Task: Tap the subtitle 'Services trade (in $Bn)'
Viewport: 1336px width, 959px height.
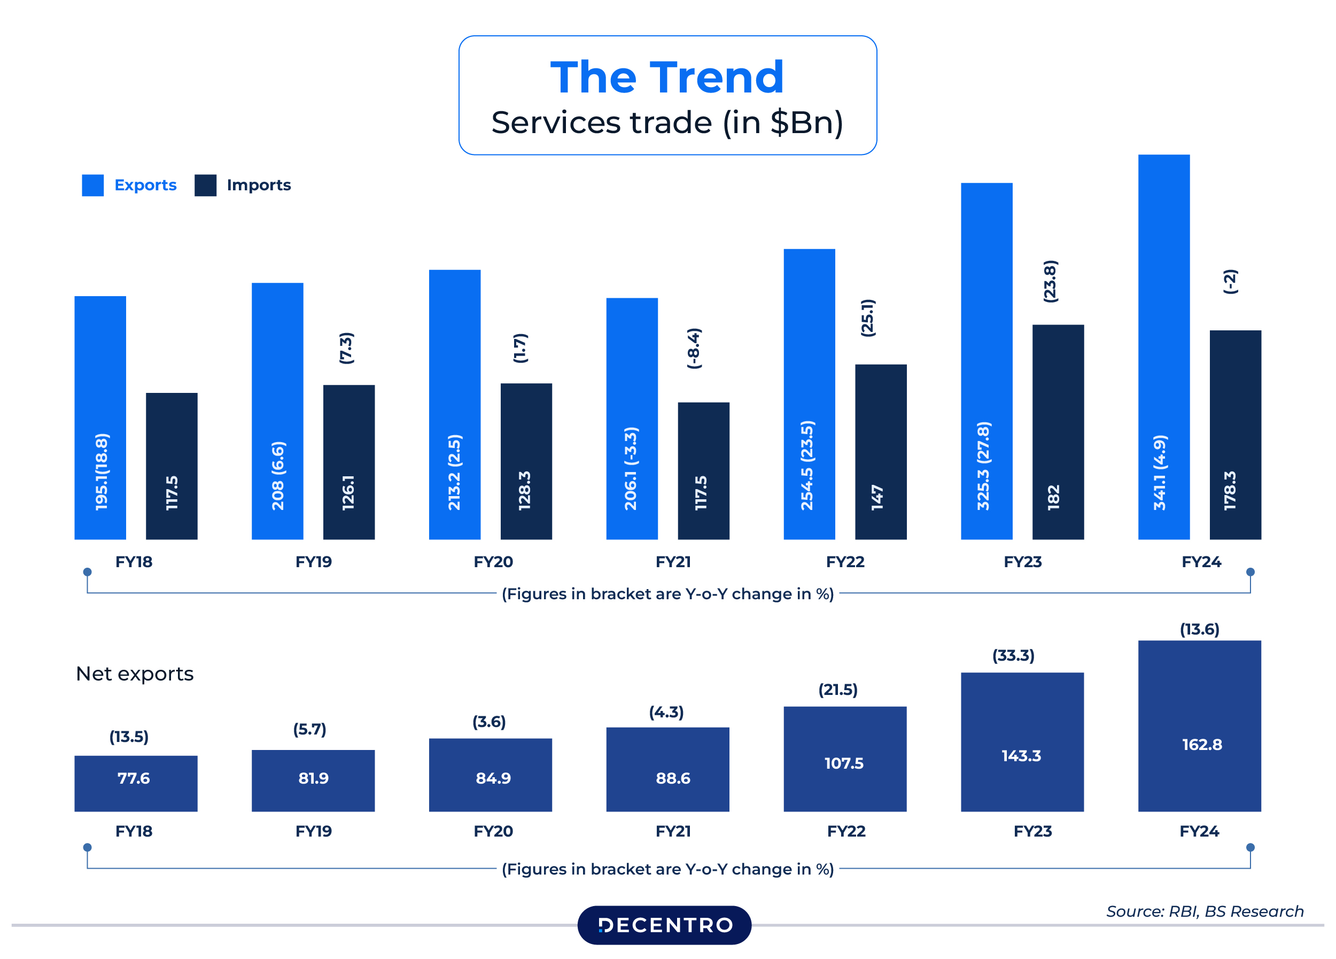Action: [x=667, y=122]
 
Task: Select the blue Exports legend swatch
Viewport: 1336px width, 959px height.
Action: [x=92, y=185]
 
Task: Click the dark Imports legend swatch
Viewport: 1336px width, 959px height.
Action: [x=205, y=185]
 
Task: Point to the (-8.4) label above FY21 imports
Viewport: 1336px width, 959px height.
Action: [x=695, y=349]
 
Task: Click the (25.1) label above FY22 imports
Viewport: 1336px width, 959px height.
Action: [x=868, y=318]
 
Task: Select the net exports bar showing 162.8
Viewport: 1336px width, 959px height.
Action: [x=1199, y=726]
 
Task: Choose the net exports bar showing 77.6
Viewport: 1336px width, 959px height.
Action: [x=136, y=783]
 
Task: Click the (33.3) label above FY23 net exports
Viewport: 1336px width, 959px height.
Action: [x=1013, y=655]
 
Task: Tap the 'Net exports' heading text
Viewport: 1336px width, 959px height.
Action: [x=134, y=674]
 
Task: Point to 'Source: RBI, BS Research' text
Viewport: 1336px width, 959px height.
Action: [x=1204, y=911]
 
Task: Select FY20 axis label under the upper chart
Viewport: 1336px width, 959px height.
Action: [x=493, y=561]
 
